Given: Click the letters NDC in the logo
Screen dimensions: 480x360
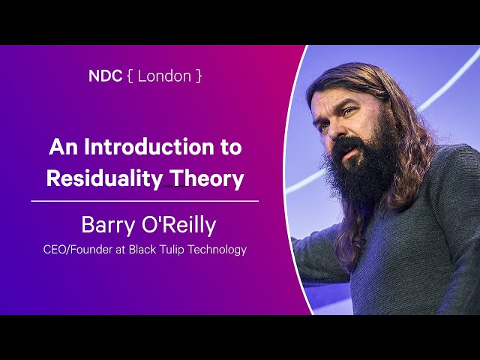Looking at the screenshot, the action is coord(105,76).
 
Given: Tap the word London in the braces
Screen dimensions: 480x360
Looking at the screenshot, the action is coord(164,76).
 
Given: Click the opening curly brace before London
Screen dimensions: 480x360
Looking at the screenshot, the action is coord(130,76).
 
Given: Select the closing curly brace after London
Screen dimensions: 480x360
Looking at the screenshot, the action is coord(199,76).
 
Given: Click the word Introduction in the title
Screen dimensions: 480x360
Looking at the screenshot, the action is coord(149,147).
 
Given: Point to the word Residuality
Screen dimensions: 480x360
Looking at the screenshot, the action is coord(104,178).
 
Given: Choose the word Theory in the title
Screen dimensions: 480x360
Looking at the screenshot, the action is coord(207,178).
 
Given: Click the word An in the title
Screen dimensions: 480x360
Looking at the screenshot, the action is coord(63,147).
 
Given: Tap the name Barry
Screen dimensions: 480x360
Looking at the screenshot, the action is coord(108,226).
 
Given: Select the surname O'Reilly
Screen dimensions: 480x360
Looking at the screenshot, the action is coord(179,226).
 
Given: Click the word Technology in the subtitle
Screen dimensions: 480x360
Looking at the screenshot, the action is coord(217,250).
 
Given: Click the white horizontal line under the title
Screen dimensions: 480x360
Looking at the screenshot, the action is coord(145,201).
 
